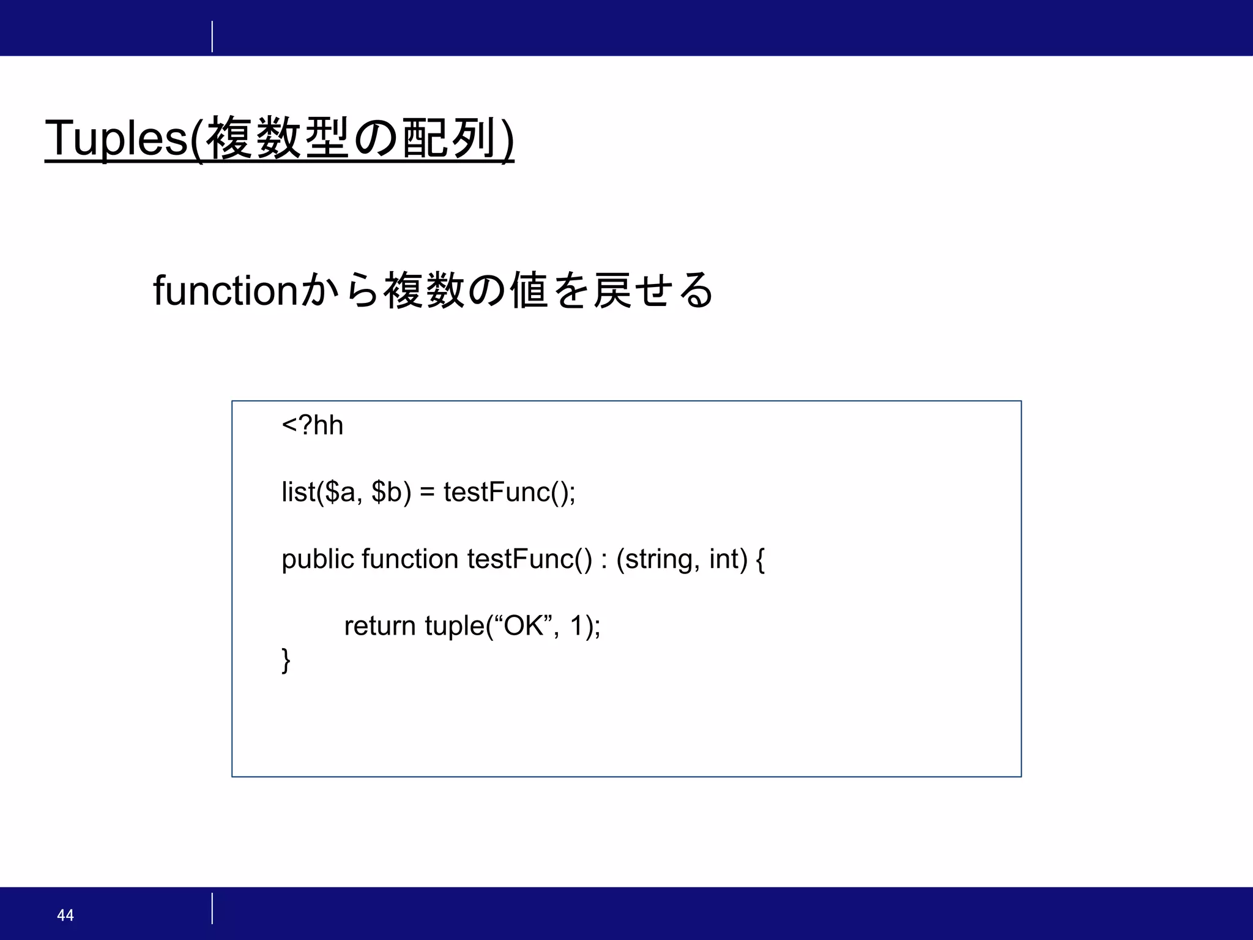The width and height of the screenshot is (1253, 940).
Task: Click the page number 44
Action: tap(65, 915)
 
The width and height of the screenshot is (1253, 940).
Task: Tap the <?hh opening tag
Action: tap(312, 425)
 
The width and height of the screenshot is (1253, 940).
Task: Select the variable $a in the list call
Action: tap(340, 492)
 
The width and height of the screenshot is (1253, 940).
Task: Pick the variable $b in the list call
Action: tap(387, 492)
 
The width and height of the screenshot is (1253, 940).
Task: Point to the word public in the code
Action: tap(318, 559)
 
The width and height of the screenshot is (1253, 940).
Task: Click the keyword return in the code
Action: tap(379, 626)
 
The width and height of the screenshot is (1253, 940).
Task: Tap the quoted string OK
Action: tap(523, 625)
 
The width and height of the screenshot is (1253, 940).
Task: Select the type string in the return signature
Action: tap(659, 559)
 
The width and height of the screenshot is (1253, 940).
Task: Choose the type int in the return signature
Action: tap(724, 559)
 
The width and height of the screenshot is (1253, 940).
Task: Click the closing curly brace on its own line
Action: tap(286, 660)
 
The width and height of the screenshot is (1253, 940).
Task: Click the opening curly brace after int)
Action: tap(760, 559)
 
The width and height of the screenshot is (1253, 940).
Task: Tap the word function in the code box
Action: tap(410, 559)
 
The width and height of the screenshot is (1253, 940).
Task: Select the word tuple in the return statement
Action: tap(454, 626)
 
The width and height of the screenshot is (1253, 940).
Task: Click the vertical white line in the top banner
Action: tap(212, 37)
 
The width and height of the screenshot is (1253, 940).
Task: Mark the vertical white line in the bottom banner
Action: tap(212, 908)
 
